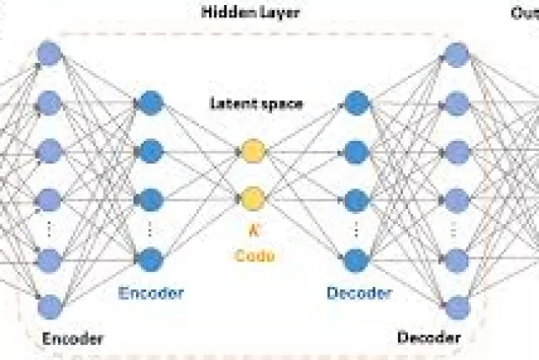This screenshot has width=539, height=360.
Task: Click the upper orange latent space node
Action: [x=252, y=151]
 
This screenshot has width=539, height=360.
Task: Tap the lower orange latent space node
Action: [x=252, y=198]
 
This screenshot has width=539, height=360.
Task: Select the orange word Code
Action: [x=253, y=255]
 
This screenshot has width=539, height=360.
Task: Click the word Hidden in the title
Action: [x=223, y=12]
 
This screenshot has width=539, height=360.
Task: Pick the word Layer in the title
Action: [x=277, y=12]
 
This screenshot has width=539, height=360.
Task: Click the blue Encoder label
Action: [x=151, y=293]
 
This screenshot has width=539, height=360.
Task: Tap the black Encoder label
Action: [x=72, y=338]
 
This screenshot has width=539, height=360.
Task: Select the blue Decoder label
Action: [x=358, y=293]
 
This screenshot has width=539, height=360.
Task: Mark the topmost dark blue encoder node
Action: [x=151, y=103]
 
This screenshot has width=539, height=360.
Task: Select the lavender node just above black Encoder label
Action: [x=49, y=305]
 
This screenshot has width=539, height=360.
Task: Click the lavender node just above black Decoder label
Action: [x=457, y=305]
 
